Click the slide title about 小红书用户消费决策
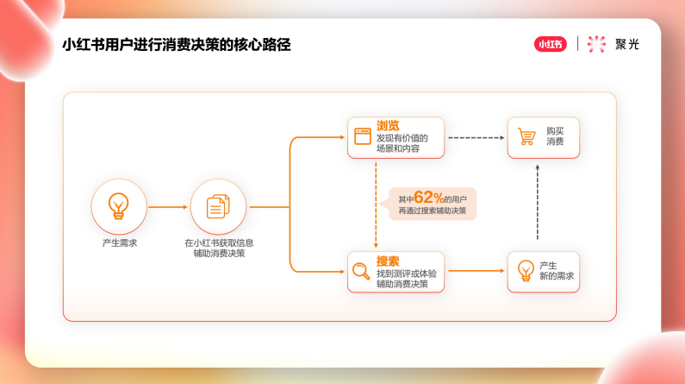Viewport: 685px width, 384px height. (x=177, y=45)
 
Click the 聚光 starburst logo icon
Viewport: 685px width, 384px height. (x=596, y=44)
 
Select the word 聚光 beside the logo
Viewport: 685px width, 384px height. (x=627, y=45)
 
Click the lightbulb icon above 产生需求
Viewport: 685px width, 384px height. (x=119, y=205)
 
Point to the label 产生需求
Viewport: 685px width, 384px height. (x=119, y=243)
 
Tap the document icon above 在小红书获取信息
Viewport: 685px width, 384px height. (x=218, y=206)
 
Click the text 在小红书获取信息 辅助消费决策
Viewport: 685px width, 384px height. (x=218, y=249)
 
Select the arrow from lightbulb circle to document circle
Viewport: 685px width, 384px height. (x=168, y=207)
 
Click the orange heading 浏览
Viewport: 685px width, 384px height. (x=388, y=125)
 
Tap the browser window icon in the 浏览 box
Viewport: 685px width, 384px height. (x=362, y=136)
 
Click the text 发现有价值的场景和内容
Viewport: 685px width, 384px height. (x=402, y=143)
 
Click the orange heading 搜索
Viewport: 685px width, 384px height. (x=388, y=260)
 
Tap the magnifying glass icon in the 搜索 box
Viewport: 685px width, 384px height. (x=361, y=272)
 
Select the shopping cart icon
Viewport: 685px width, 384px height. (x=526, y=136)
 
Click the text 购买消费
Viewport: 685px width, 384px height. (x=555, y=136)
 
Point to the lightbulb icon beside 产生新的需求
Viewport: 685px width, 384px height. (x=526, y=271)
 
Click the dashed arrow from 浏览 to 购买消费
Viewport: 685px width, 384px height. (x=476, y=137)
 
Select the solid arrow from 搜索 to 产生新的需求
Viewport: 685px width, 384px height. (x=476, y=271)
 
